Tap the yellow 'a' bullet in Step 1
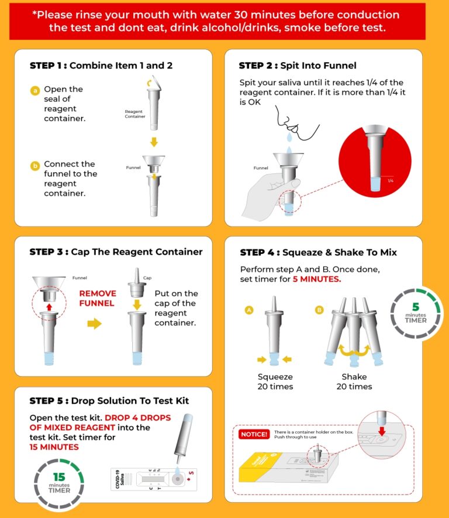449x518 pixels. [x=35, y=90]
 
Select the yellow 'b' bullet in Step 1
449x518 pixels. [x=35, y=166]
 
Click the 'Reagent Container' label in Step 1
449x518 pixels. [x=134, y=113]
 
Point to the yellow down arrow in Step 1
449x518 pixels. [x=154, y=142]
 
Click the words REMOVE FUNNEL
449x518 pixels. [x=98, y=299]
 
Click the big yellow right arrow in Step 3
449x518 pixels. [x=94, y=324]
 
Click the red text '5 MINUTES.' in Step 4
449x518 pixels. [x=316, y=279]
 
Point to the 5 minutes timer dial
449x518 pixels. [x=416, y=312]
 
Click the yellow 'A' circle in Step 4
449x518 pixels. [x=248, y=310]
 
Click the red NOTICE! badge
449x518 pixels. [x=254, y=434]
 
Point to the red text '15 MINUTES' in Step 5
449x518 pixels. [x=54, y=447]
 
